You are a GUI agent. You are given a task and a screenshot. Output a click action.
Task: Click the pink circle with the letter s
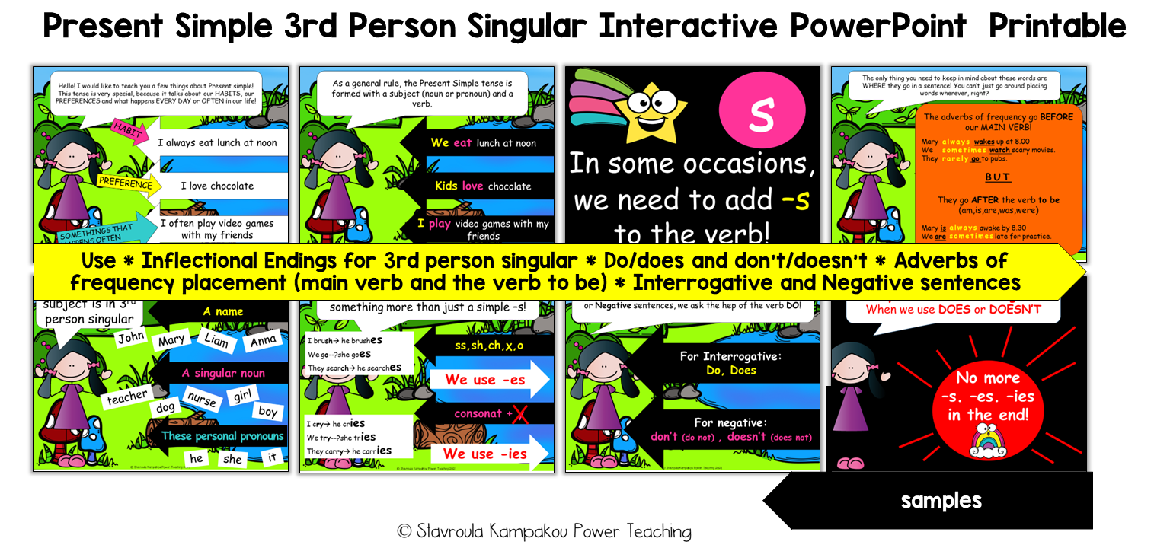[x=761, y=113]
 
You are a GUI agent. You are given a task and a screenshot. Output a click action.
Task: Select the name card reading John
[x=132, y=336]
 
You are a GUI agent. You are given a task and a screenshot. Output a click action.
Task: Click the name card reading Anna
[x=264, y=342]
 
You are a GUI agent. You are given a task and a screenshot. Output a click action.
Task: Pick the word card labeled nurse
[x=201, y=400]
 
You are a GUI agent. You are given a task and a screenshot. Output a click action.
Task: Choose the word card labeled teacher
[x=126, y=397]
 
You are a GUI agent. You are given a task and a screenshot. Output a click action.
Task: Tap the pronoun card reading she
[x=232, y=459]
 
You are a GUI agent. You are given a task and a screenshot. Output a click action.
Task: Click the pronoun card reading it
[x=271, y=457]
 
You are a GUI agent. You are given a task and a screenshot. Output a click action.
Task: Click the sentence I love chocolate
[x=216, y=186]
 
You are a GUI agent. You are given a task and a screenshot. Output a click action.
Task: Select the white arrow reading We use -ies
[x=487, y=454]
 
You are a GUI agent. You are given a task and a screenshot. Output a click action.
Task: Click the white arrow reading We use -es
[x=487, y=379]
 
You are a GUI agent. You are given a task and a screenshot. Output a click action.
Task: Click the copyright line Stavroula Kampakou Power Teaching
[x=544, y=530]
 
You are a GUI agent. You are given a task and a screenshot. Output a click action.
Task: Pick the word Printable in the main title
[x=1057, y=27]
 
